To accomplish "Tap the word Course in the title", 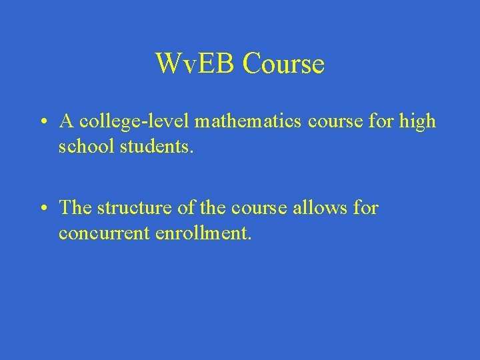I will point(283,64).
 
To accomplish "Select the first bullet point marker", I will point(42,122).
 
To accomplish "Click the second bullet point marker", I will point(42,209).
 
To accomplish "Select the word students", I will point(157,146).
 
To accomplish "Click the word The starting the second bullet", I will point(75,208).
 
